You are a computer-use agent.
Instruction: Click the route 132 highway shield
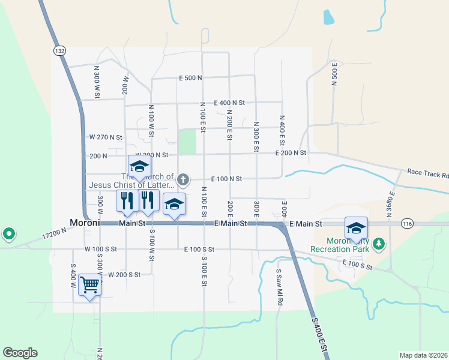click(59, 51)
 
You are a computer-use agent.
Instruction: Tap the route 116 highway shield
click(408, 223)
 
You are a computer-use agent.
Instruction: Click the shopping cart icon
click(89, 284)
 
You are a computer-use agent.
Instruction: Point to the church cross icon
click(184, 179)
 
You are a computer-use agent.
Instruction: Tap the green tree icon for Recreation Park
click(378, 243)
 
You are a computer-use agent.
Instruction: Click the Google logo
click(20, 353)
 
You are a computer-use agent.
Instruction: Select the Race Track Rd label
click(428, 173)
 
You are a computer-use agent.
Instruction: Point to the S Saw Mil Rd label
click(279, 287)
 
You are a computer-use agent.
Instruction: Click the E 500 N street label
click(190, 77)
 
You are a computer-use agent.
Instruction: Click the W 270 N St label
click(106, 137)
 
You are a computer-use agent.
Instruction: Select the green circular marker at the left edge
click(8, 233)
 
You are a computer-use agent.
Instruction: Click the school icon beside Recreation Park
click(356, 228)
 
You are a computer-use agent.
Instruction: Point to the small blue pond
click(328, 17)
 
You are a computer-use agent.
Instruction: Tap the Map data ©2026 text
click(423, 355)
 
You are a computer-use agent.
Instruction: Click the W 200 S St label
click(124, 274)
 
